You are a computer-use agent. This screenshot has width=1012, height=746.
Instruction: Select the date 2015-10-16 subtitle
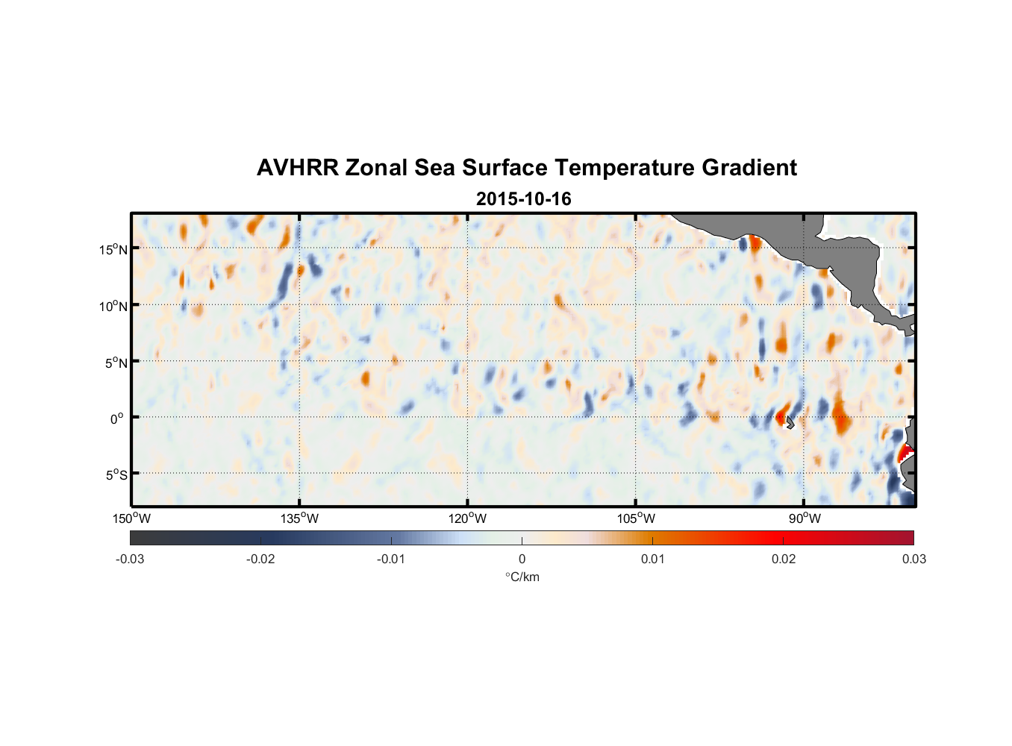(x=523, y=199)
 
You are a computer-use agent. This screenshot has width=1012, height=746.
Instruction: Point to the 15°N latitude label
(x=113, y=249)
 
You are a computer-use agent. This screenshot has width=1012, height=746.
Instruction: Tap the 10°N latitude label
(x=113, y=306)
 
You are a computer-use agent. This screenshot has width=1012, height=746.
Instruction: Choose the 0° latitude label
(x=117, y=419)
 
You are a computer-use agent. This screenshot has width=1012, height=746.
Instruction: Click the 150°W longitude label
(x=132, y=518)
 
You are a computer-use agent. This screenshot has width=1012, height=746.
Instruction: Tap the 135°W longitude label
(x=300, y=518)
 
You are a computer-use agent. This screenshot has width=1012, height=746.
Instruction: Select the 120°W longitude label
(x=468, y=518)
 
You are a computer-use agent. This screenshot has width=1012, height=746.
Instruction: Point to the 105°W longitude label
(x=636, y=518)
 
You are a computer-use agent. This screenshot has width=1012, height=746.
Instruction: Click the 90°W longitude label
(x=805, y=518)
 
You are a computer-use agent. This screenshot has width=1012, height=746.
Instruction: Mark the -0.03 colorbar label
(x=130, y=559)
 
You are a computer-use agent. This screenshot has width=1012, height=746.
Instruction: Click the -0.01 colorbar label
(x=391, y=559)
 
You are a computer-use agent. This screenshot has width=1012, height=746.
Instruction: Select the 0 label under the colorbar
(x=522, y=559)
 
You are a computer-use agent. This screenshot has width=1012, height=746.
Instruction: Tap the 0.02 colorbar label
(x=784, y=559)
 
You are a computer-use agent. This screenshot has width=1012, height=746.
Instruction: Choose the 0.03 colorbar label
(x=913, y=559)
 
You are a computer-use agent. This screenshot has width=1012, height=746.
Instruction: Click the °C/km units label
(x=522, y=577)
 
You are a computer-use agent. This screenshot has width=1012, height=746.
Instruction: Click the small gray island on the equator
(x=790, y=422)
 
